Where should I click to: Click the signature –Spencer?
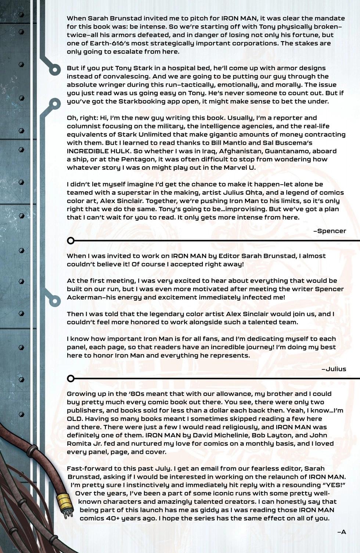(x=330, y=231)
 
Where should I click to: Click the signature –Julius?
(x=334, y=369)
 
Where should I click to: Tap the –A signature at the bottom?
(x=342, y=531)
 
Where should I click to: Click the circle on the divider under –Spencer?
(x=71, y=241)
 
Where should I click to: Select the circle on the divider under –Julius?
(x=71, y=378)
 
